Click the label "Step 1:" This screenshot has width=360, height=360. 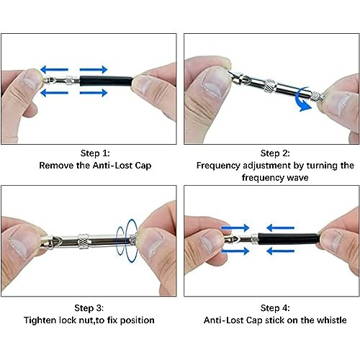(95, 153)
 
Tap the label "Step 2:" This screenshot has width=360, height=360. (275, 153)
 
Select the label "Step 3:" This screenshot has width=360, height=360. (89, 308)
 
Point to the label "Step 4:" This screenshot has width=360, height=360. (275, 308)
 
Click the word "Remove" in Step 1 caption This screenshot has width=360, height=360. (56, 166)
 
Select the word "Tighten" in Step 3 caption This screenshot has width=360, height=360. (40, 320)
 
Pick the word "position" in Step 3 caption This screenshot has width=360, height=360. (137, 320)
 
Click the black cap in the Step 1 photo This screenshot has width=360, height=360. (107, 81)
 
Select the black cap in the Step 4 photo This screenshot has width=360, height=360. (289, 239)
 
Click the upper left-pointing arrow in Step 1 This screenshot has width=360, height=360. (54, 70)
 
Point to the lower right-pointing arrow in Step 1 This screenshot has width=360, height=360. (94, 93)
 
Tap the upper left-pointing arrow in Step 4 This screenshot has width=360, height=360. (280, 228)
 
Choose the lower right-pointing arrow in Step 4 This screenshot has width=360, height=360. (235, 251)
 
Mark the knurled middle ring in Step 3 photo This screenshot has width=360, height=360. (84, 240)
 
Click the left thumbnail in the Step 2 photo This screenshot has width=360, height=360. (215, 82)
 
